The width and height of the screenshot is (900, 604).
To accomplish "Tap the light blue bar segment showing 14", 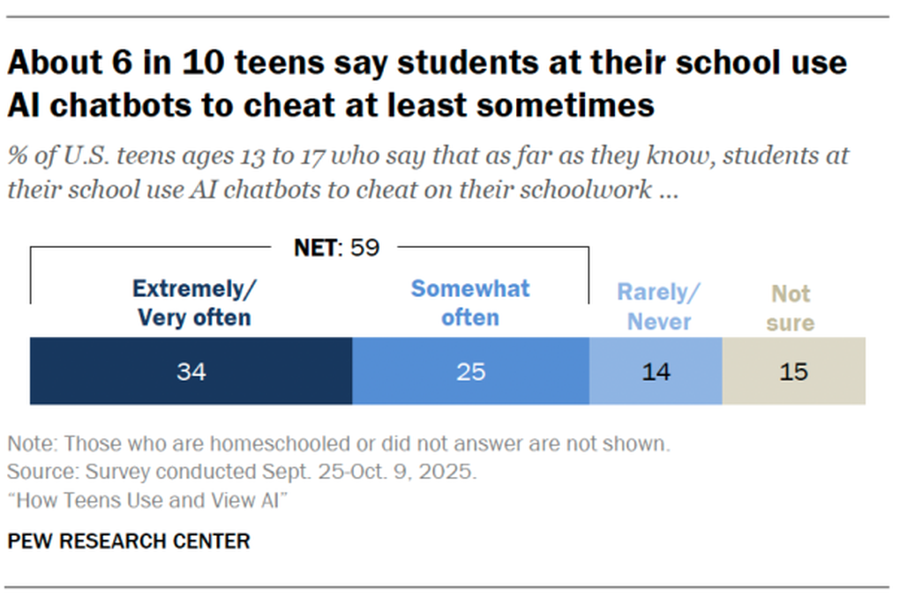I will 656,371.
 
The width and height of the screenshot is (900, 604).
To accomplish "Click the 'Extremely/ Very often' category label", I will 194,302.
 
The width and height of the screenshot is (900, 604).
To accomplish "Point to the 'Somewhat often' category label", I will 470,302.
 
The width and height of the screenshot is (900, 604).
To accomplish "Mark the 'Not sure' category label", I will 791,308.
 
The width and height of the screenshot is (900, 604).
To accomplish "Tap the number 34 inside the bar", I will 191,372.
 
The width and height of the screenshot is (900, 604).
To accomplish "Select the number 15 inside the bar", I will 793,372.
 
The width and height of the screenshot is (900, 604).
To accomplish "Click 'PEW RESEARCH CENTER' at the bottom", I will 129,541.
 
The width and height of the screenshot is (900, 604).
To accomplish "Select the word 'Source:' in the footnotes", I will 35,472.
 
